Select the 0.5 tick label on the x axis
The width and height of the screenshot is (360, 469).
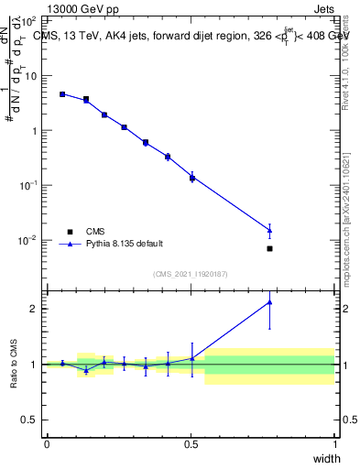pyautogui.click(x=191, y=444)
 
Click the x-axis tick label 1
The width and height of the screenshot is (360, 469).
pyautogui.click(x=335, y=444)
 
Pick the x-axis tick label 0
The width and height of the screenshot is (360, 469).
pyautogui.click(x=47, y=444)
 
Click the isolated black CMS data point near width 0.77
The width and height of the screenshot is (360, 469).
pyautogui.click(x=269, y=248)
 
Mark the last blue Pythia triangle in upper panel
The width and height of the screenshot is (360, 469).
pyautogui.click(x=269, y=230)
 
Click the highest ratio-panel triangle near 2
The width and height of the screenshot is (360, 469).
pyautogui.click(x=269, y=301)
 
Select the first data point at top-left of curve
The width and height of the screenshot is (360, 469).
pyautogui.click(x=62, y=94)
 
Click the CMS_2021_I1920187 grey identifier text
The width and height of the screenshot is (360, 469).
pyautogui.click(x=191, y=274)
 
